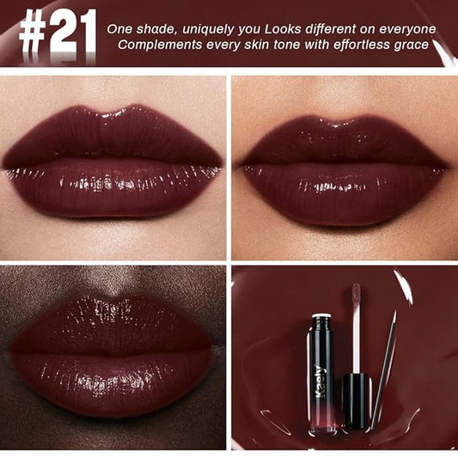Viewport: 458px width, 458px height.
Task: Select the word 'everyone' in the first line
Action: pos(406,29)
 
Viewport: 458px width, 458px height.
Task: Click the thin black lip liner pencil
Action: pos(383,369)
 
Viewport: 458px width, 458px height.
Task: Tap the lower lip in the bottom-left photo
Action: pos(112,378)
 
